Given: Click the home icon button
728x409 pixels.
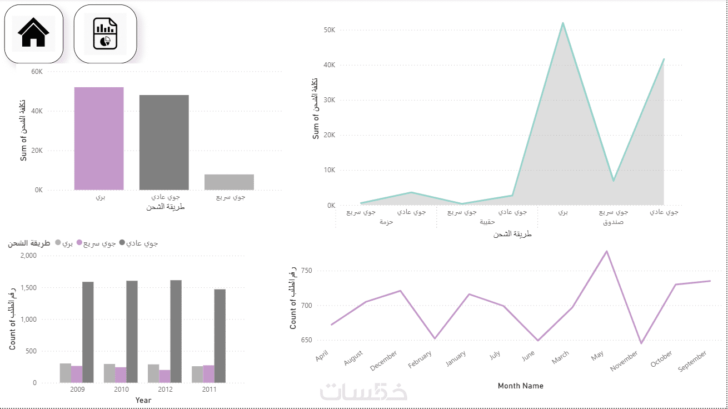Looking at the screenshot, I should point(34,33).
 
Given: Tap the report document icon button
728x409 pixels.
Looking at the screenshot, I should point(105,33).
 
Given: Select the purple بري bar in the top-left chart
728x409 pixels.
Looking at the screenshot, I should point(99,138).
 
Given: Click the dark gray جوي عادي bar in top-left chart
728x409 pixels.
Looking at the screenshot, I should point(164,142).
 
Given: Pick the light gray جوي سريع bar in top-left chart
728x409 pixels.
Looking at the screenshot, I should point(229,182).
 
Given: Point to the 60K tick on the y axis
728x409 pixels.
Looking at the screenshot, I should point(37,72).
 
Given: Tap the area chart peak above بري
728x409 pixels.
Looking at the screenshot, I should point(562,23).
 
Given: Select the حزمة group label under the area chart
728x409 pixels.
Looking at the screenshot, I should point(386,222).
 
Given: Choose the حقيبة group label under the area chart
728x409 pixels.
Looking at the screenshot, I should point(487,222).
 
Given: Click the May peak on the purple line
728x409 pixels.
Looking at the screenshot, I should point(607,251).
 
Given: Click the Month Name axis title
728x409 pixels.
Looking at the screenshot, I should point(520,386).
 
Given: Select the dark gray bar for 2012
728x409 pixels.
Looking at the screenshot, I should point(176,331).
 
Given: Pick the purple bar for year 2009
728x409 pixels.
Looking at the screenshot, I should point(77,374).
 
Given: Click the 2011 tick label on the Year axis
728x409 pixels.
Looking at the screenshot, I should point(209,390).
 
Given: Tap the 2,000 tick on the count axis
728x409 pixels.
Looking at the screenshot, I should point(28,256).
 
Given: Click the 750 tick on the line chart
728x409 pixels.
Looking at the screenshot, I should point(306,271).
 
